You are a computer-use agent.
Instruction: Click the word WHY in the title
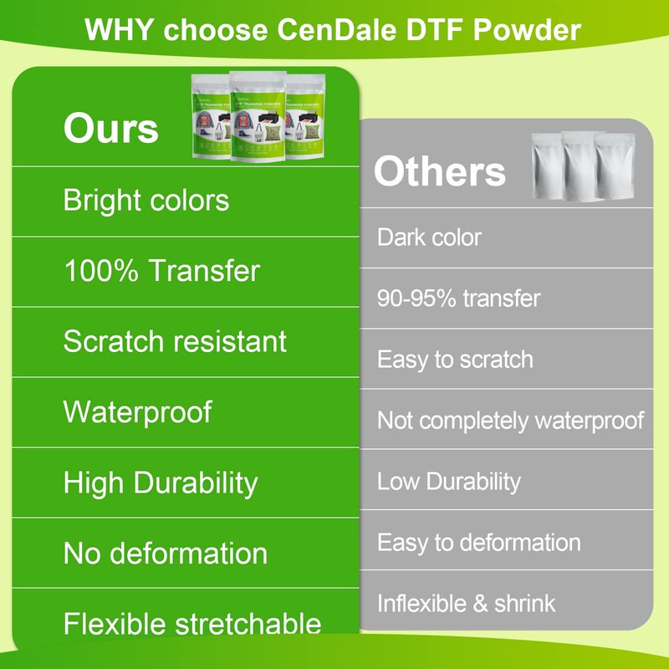(119, 30)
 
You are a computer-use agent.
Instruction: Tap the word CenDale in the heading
(337, 30)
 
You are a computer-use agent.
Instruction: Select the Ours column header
(111, 129)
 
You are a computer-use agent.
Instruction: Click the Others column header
(440, 171)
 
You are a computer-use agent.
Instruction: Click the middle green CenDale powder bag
(258, 116)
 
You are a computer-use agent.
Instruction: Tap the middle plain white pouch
(580, 166)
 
